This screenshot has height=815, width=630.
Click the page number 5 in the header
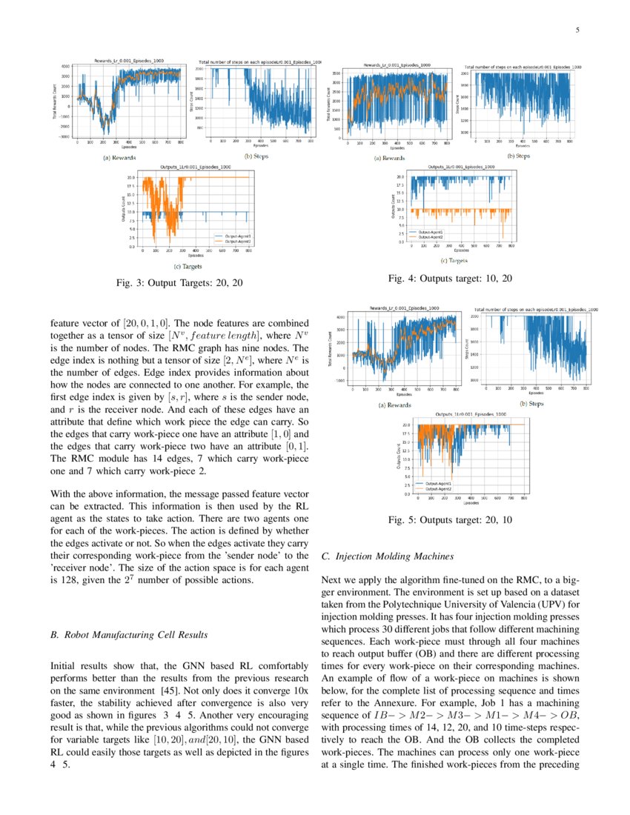[x=577, y=30]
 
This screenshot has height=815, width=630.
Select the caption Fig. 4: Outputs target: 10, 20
[x=449, y=278]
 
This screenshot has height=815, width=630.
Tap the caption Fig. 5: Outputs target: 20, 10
[x=450, y=520]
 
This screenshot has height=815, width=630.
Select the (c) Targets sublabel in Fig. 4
[x=454, y=260]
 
